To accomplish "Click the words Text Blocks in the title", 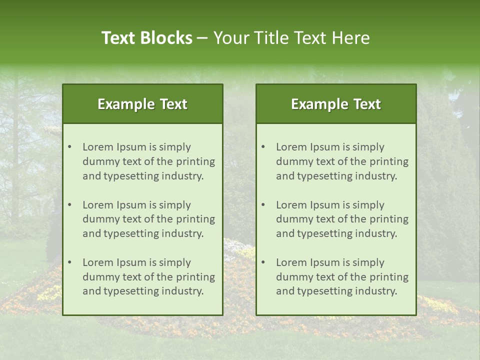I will point(147,38).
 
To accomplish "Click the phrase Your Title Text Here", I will point(291,38).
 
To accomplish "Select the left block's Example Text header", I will point(142,104).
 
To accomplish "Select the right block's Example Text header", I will point(336,104).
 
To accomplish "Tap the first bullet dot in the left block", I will point(69,147).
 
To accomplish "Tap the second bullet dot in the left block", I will point(69,205).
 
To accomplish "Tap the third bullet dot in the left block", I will point(69,262).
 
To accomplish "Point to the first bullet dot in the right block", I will point(263,147).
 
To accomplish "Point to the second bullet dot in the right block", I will point(263,205).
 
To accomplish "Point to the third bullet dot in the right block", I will point(263,262).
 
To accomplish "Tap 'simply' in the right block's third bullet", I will point(367,262).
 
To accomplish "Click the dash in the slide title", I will point(203,38).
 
